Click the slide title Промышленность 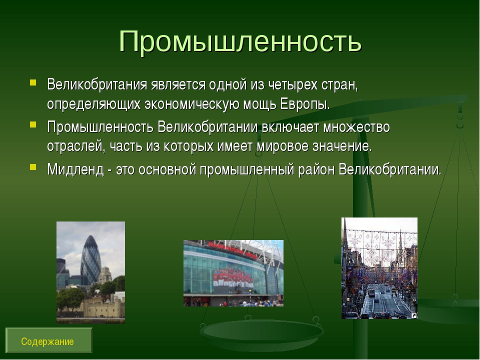(x=240, y=41)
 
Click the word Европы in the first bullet (x=304, y=104)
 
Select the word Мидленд (x=75, y=169)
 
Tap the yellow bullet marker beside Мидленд (x=33, y=166)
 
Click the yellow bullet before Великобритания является (x=33, y=82)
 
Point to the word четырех (x=292, y=85)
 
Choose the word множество (x=356, y=127)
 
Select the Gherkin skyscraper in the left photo (x=90, y=259)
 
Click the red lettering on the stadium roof (x=232, y=249)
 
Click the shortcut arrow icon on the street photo (x=413, y=315)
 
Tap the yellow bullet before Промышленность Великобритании (x=33, y=124)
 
